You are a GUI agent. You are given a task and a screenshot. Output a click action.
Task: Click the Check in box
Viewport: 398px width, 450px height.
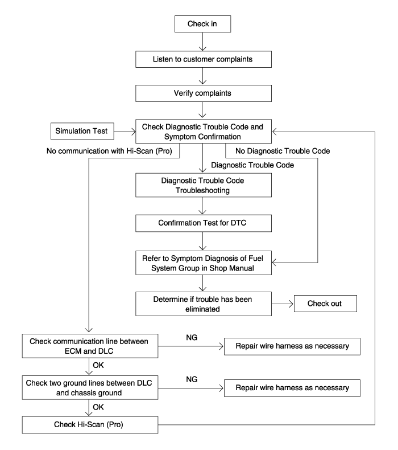pyautogui.click(x=202, y=24)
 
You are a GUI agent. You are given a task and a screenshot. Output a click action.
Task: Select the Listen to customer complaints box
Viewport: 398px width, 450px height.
pyautogui.click(x=204, y=59)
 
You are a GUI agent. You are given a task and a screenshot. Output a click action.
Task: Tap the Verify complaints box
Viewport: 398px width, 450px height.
pyautogui.click(x=204, y=93)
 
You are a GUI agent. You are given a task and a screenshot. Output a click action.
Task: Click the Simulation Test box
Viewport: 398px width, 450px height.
pyautogui.click(x=82, y=131)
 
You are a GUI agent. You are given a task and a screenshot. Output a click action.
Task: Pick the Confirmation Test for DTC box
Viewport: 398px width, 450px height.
pyautogui.click(x=204, y=223)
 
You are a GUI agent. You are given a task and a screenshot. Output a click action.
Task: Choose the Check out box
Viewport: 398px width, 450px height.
pyautogui.click(x=325, y=304)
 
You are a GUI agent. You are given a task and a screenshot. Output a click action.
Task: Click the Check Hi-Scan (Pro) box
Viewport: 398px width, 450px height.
pyautogui.click(x=90, y=425)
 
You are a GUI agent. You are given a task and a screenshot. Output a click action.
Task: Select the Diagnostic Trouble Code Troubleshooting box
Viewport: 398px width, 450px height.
pyautogui.click(x=204, y=185)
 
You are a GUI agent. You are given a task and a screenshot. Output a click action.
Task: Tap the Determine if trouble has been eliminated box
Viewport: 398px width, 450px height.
pyautogui.click(x=204, y=304)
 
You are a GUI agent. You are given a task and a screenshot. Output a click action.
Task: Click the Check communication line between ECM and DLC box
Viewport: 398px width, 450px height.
pyautogui.click(x=90, y=346)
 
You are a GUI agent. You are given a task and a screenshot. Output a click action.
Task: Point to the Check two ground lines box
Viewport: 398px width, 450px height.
pyautogui.click(x=90, y=387)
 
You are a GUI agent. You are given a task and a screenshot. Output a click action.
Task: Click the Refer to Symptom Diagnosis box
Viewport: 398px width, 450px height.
pyautogui.click(x=204, y=263)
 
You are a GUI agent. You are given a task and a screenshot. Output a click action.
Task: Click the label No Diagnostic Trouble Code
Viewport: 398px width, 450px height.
pyautogui.click(x=283, y=151)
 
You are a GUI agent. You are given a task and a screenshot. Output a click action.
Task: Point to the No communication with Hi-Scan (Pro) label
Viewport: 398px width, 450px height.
pyautogui.click(x=109, y=151)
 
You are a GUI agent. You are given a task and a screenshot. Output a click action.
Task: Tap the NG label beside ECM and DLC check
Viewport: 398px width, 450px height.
pyautogui.click(x=192, y=337)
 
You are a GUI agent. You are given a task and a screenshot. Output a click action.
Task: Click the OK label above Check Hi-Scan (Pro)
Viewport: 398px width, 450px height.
pyautogui.click(x=98, y=407)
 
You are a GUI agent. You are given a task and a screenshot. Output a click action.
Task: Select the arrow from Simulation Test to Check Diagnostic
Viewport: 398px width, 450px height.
pyautogui.click(x=125, y=132)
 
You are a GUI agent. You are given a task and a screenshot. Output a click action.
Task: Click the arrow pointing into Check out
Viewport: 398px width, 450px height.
pyautogui.click(x=283, y=304)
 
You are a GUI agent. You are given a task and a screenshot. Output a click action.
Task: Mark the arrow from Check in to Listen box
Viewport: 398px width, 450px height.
pyautogui.click(x=202, y=42)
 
